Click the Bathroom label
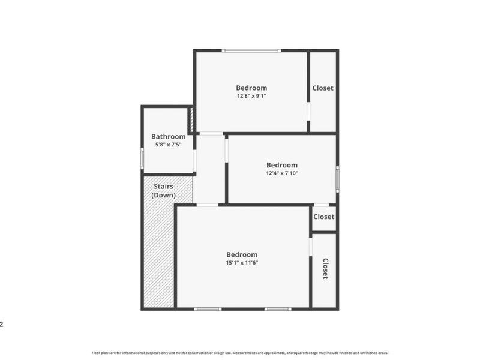click(x=168, y=136)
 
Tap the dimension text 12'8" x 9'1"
click(x=251, y=95)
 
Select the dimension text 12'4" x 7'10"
click(x=282, y=173)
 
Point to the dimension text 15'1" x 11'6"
click(x=242, y=262)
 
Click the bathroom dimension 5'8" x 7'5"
click(x=168, y=145)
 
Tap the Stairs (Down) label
click(x=163, y=191)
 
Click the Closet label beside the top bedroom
click(x=323, y=88)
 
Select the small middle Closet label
click(x=324, y=217)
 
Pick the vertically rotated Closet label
click(x=325, y=268)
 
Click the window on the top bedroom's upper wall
click(x=250, y=50)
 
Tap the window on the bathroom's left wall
click(x=142, y=158)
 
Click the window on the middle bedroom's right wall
click(x=337, y=178)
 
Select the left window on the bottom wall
click(x=208, y=309)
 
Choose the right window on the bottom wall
click(x=278, y=309)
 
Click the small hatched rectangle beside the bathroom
click(x=191, y=120)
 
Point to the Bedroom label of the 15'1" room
click(x=242, y=254)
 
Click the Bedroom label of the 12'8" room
click(x=251, y=88)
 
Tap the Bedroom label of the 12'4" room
click(x=282, y=165)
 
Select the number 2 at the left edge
click(x=2, y=325)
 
